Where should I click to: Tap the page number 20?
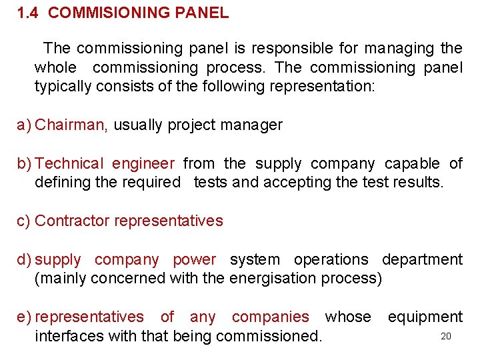pos(446,336)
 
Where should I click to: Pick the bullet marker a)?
pos(24,125)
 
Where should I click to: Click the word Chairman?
pos(71,125)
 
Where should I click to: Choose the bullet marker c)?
pos(23,221)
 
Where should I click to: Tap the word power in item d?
pos(194,259)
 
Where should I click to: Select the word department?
pos(422,260)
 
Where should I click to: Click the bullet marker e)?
pos(24,317)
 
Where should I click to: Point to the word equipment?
pos(425,317)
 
